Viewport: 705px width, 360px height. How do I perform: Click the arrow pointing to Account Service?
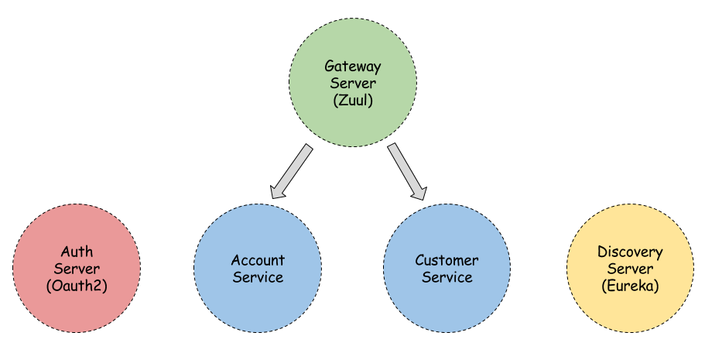(292, 171)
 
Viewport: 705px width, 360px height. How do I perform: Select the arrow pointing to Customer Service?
(407, 171)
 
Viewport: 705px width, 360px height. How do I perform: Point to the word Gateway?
(353, 67)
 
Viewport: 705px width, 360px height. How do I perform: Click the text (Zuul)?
(353, 101)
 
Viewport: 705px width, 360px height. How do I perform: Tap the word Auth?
(77, 252)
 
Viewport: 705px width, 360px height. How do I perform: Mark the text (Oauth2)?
(77, 286)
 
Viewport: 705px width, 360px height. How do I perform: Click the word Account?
(258, 260)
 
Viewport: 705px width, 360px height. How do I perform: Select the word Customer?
(447, 260)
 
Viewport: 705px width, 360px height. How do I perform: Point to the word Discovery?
(630, 252)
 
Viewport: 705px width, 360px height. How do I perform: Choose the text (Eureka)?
(630, 286)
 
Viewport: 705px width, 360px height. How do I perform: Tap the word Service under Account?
(258, 277)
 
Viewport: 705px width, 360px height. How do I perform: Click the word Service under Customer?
(447, 277)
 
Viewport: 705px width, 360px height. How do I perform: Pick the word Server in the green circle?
(353, 84)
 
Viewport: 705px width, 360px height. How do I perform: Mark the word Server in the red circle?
(77, 269)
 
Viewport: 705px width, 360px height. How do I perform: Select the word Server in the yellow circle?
(630, 269)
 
